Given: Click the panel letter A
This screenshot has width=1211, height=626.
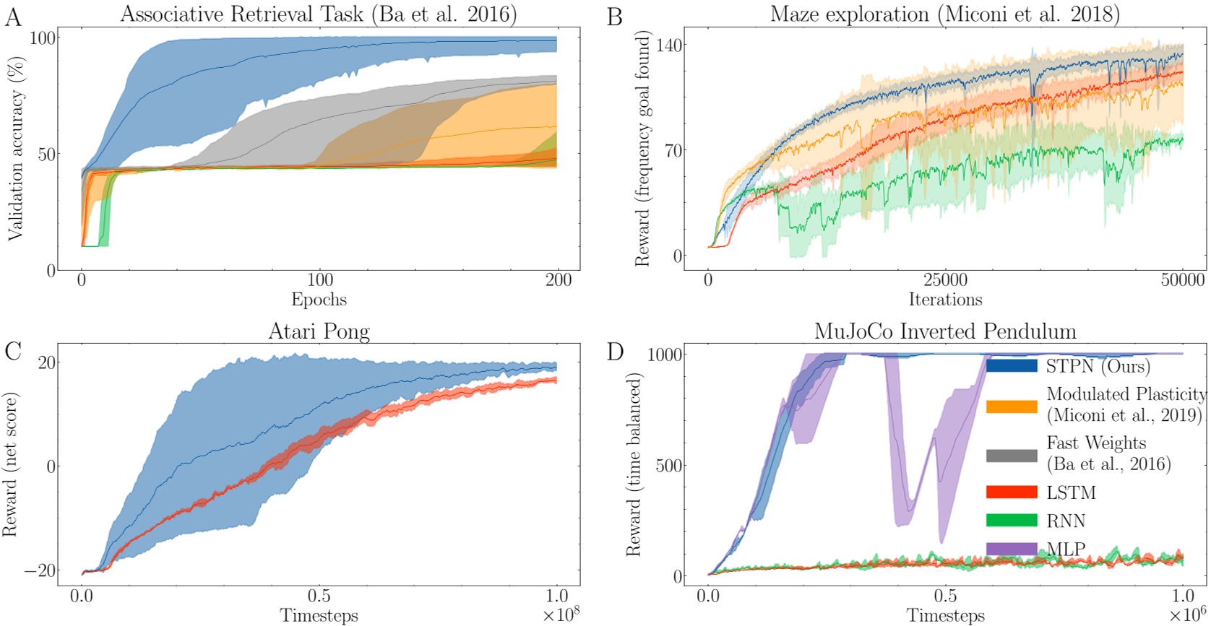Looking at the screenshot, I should (x=12, y=17).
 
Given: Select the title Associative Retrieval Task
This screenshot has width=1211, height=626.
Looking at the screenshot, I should (x=319, y=14).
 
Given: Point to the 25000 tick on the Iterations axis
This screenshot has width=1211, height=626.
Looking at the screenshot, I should (x=945, y=280).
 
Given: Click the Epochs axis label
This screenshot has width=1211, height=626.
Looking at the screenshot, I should (x=319, y=300).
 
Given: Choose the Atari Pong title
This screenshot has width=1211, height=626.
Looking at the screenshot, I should (x=319, y=331).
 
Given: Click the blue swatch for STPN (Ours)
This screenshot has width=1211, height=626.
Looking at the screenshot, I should (x=1011, y=366).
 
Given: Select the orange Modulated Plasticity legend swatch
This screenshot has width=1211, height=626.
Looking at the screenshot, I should (x=1011, y=406).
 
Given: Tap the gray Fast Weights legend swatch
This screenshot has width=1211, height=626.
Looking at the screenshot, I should (x=1011, y=455).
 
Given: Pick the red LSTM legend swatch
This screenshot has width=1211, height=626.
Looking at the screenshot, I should (x=1011, y=493).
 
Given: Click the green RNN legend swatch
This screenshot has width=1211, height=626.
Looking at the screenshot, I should (x=1011, y=521).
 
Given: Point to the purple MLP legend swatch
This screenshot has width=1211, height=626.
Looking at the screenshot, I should (x=1011, y=549).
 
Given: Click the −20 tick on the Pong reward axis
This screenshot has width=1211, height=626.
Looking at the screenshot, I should (x=40, y=570).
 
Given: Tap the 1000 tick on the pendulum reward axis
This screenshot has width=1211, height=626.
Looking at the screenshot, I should (x=665, y=354).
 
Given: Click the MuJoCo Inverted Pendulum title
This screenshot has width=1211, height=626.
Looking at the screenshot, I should (x=945, y=331).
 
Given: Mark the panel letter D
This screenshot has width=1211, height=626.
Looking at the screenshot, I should (x=616, y=352).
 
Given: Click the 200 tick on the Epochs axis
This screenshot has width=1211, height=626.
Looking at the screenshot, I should (x=558, y=280).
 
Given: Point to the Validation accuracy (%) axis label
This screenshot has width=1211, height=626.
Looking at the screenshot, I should (x=16, y=149).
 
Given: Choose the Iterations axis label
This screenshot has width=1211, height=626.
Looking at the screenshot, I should (x=945, y=300).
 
